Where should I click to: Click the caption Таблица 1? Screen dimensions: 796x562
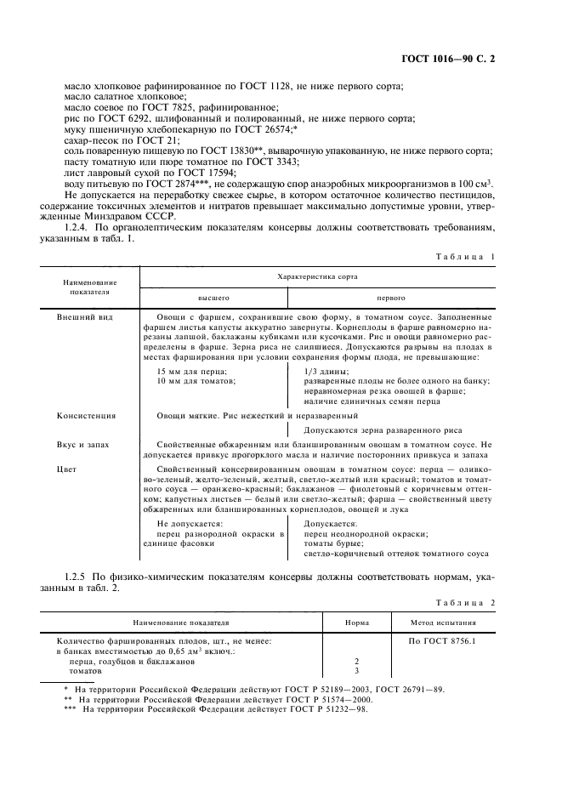pos(464,257)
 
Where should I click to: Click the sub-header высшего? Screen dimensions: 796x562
pos(213,298)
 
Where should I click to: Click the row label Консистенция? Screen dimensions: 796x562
pos(87,416)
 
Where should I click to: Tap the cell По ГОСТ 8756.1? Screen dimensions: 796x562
pos(441,640)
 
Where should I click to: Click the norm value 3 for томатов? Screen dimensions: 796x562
pos(356,671)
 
